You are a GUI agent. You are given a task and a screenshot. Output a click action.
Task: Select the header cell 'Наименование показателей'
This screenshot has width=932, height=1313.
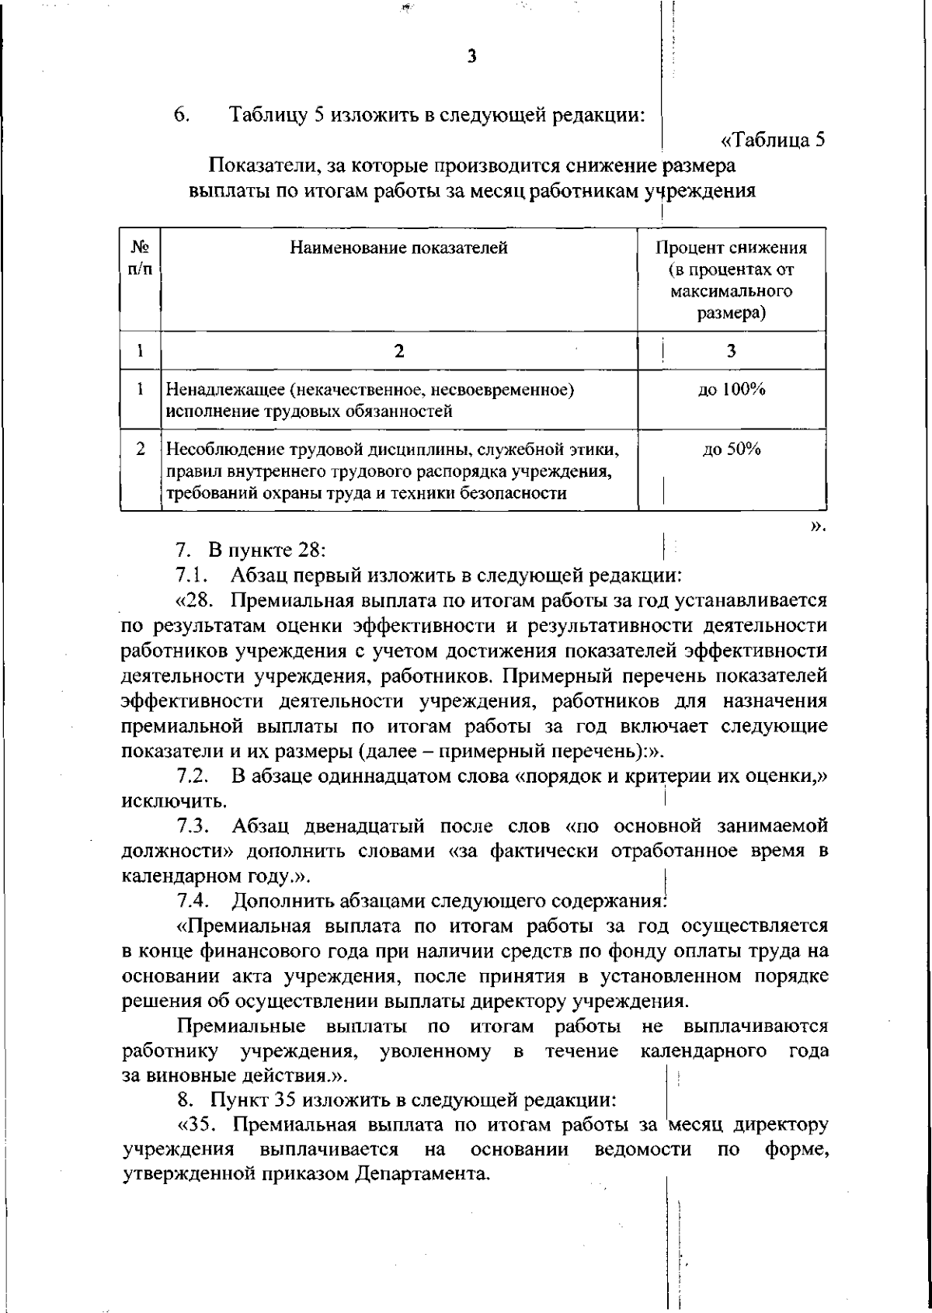click(399, 248)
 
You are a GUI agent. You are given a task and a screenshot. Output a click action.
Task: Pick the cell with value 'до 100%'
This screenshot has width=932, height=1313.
click(731, 391)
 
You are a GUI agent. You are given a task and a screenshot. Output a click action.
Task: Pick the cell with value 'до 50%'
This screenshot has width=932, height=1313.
click(731, 450)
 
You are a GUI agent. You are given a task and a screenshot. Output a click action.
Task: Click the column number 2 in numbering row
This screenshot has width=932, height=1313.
click(399, 351)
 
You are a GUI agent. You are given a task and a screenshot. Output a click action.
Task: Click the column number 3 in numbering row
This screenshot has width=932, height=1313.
click(731, 351)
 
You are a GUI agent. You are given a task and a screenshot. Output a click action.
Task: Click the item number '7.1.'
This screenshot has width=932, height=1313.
click(190, 575)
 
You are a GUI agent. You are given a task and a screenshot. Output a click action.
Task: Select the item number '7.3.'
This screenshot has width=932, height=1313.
click(191, 825)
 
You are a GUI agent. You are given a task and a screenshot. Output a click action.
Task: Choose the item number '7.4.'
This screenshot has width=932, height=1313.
click(191, 901)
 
